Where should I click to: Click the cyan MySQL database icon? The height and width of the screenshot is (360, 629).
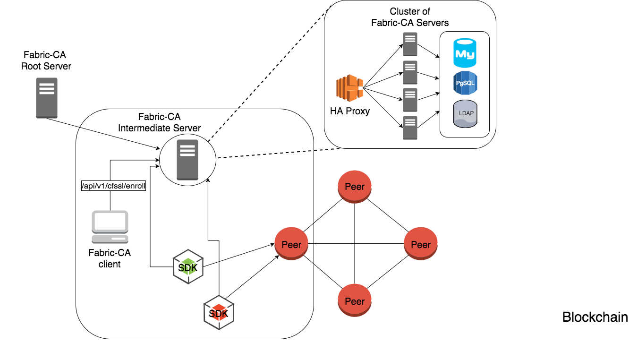[x=465, y=53]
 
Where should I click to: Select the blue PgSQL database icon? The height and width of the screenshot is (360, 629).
[x=465, y=83]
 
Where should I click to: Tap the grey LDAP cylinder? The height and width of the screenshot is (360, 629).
[x=465, y=113]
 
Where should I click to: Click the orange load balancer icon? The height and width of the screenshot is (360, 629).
[x=349, y=88]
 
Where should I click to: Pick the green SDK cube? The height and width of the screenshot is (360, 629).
[x=188, y=267]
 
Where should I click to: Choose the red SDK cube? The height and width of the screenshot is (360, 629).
[x=219, y=313]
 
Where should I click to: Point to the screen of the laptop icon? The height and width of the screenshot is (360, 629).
[x=110, y=221]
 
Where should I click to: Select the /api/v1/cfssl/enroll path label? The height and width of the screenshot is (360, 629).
[x=114, y=186]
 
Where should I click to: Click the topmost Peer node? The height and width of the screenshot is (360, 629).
[x=355, y=187]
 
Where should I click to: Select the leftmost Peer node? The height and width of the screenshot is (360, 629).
[x=291, y=244]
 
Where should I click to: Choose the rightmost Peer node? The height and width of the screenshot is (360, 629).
[x=421, y=244]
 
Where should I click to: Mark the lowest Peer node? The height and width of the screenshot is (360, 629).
[x=355, y=301]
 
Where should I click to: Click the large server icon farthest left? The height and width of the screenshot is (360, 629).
[x=47, y=98]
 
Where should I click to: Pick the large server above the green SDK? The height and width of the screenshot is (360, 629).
[x=187, y=160]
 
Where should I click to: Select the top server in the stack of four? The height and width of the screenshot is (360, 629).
[x=410, y=44]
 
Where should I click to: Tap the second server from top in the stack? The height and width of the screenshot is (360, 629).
[x=410, y=72]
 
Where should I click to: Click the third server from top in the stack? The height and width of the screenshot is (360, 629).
[x=410, y=100]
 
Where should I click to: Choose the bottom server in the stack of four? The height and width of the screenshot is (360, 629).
[x=410, y=128]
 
